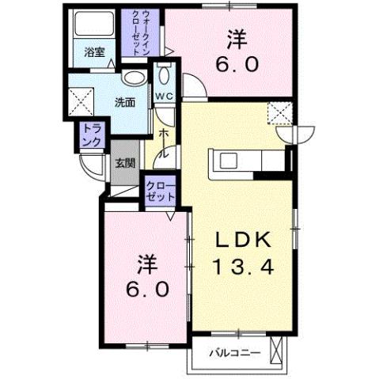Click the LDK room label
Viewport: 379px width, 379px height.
tap(243, 240)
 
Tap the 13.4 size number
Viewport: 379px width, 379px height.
tap(243, 267)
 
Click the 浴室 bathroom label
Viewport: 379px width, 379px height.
tap(95, 54)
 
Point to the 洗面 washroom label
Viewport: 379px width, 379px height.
tap(124, 102)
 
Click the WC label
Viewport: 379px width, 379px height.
tap(164, 96)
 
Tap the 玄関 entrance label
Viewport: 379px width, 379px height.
tap(124, 164)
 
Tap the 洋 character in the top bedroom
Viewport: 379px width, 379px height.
tap(235, 37)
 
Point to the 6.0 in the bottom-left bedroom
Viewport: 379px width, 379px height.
tap(145, 289)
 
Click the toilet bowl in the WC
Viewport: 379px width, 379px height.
tap(164, 76)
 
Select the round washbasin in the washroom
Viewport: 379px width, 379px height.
tap(135, 78)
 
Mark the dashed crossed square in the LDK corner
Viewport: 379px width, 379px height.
tap(279, 113)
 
